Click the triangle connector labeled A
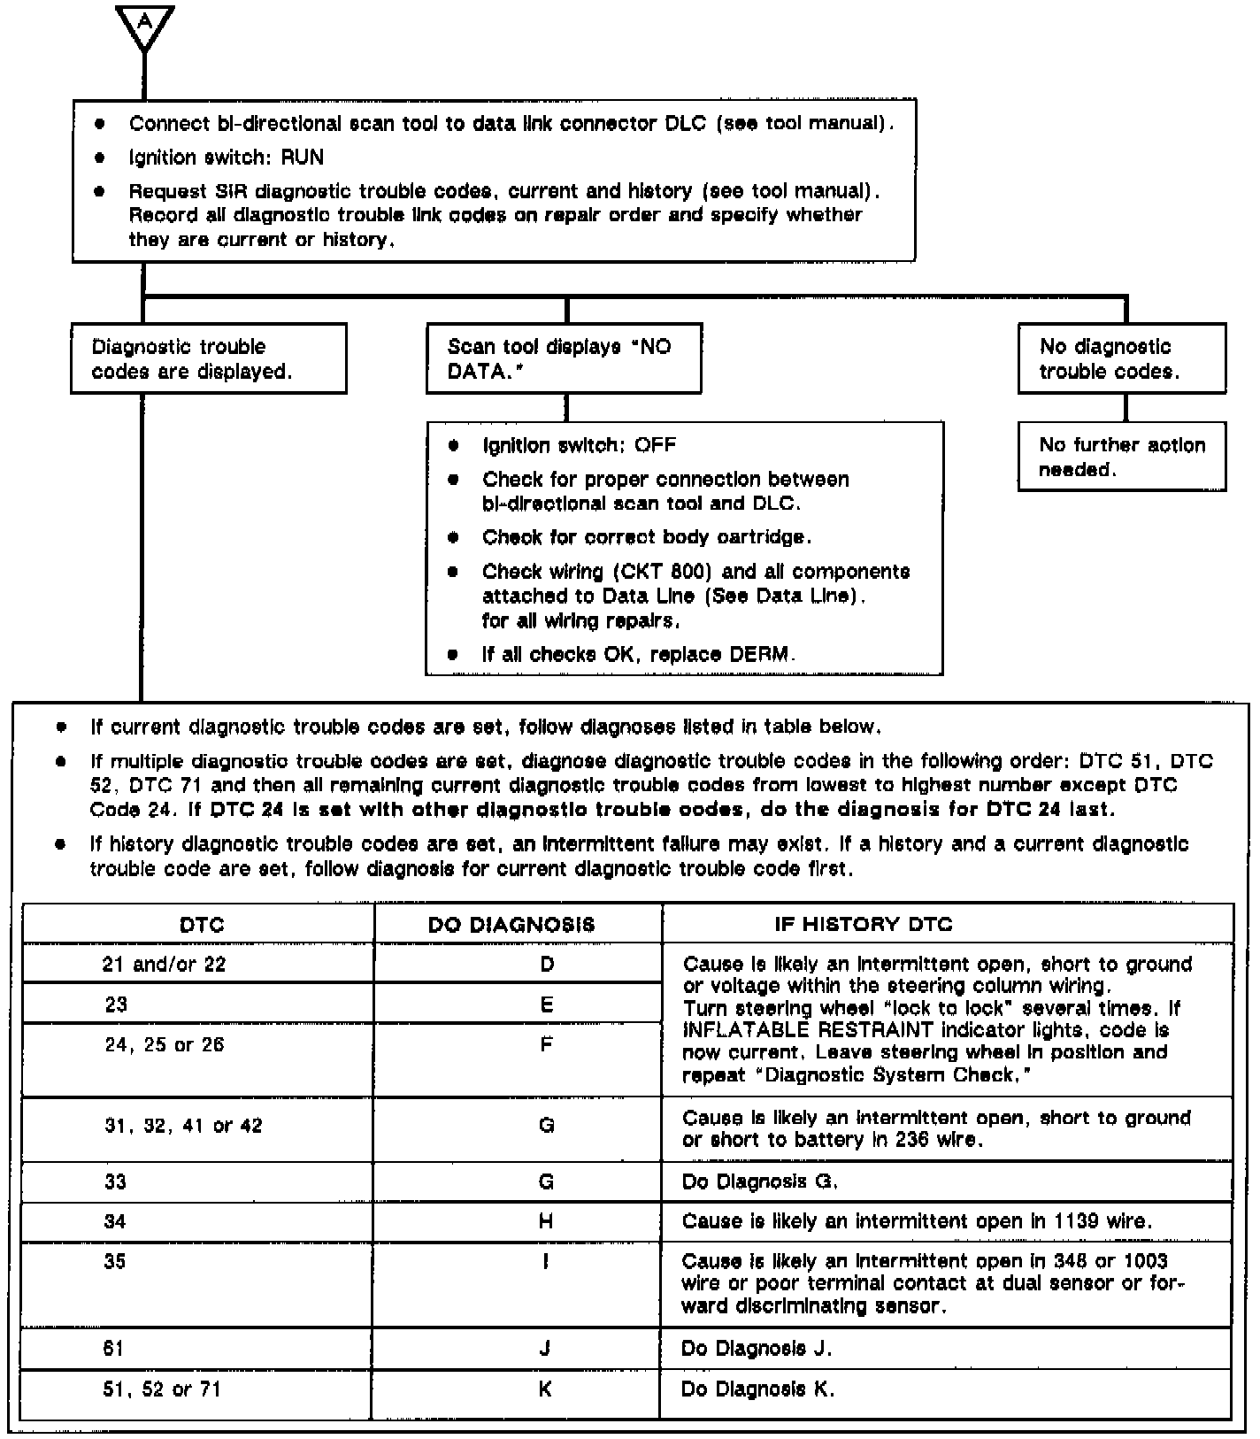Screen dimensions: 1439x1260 click(144, 27)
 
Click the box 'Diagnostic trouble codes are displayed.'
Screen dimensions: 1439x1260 click(209, 358)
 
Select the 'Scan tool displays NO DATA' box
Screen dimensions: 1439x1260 click(564, 358)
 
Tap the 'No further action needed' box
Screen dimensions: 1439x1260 click(1122, 457)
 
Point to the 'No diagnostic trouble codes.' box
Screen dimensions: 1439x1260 click(1122, 358)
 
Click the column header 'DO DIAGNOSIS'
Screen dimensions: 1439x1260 click(511, 925)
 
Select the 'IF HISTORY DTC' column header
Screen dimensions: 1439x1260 click(864, 925)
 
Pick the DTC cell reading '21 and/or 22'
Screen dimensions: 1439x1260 click(165, 964)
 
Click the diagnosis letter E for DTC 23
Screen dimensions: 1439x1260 click(547, 1004)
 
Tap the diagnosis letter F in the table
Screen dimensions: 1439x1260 click(547, 1045)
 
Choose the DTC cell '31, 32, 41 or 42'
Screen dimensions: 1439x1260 click(183, 1126)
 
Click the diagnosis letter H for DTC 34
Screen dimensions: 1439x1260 click(546, 1221)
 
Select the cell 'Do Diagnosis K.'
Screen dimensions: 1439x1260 click(757, 1389)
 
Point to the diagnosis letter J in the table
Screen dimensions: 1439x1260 click(545, 1349)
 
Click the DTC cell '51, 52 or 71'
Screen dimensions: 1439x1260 click(162, 1389)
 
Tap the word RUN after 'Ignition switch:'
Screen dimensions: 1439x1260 click(303, 158)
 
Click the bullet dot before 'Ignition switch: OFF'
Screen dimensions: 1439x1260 click(454, 445)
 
